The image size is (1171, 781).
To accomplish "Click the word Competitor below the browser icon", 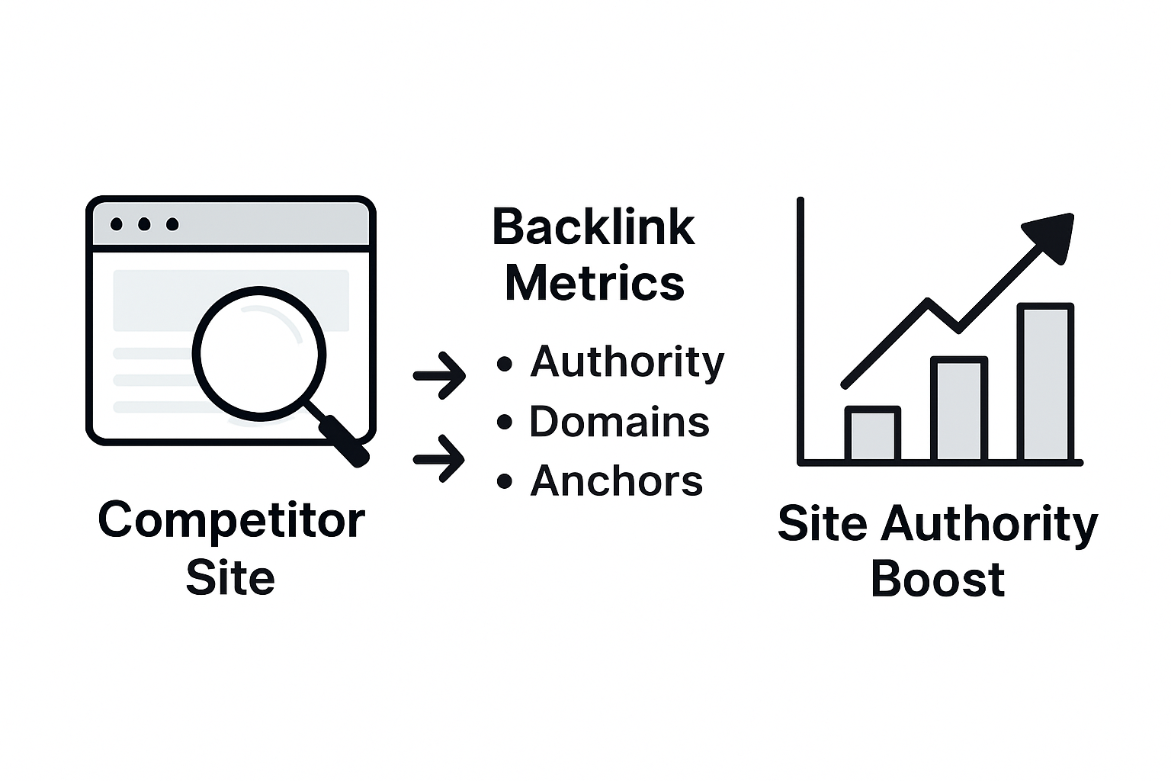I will [x=231, y=522].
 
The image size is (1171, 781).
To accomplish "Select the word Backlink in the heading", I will [x=593, y=227].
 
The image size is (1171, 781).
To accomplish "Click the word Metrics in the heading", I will [x=595, y=283].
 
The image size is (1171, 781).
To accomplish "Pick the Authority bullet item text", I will [x=627, y=362].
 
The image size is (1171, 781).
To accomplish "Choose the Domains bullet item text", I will [x=619, y=422].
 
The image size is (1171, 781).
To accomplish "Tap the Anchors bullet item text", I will [x=616, y=481].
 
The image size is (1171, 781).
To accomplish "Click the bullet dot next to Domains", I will [x=504, y=422].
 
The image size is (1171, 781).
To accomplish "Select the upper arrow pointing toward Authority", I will [x=440, y=375].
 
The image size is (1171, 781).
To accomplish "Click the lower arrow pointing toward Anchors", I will [x=440, y=459].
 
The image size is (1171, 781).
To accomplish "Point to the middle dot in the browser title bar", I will [x=144, y=224].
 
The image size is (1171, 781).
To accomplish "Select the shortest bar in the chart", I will [x=873, y=435].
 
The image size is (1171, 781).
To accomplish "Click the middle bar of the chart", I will [x=959, y=410].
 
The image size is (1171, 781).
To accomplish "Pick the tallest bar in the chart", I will [x=1045, y=383].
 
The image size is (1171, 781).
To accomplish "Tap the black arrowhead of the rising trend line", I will [x=1053, y=235].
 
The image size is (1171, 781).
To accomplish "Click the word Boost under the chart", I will [x=937, y=579].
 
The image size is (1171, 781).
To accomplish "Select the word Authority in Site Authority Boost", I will [x=989, y=525].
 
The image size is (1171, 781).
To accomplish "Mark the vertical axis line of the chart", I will [x=800, y=328].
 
